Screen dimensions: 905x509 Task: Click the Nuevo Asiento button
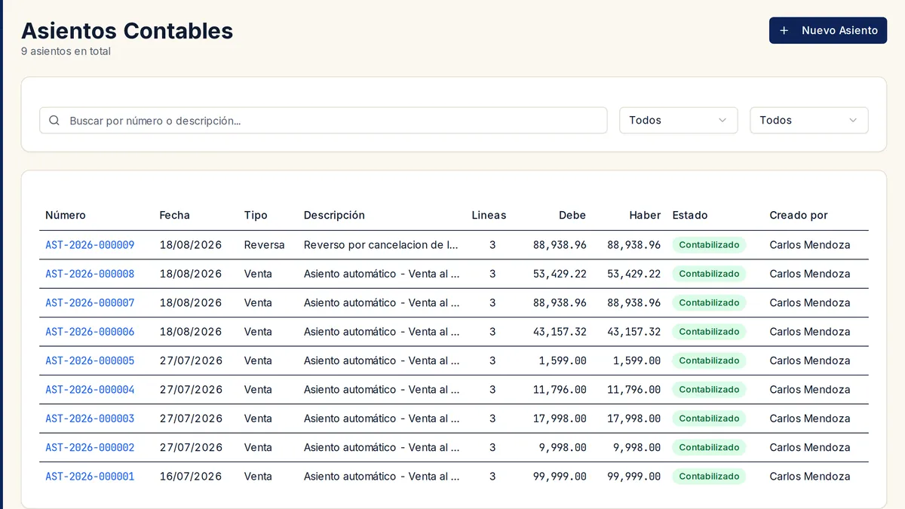[x=828, y=30]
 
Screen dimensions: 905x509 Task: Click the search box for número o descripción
[x=324, y=121]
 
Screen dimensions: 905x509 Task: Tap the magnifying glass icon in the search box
[x=54, y=121]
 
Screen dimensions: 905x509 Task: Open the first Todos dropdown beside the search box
[x=678, y=121]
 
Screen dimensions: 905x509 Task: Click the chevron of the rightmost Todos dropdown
[x=853, y=121]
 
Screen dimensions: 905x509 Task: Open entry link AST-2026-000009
[x=90, y=245]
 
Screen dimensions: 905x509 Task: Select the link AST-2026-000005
[x=90, y=360]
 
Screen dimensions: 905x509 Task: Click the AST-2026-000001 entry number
[x=90, y=477]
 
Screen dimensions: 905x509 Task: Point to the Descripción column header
[x=334, y=215]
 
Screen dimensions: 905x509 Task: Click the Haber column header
[x=645, y=215]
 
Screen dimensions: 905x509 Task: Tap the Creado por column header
[x=799, y=215]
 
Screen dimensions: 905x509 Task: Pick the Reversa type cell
[x=264, y=245]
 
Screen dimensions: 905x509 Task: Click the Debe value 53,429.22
[x=560, y=274]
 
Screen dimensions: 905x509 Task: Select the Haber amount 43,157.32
[x=634, y=332]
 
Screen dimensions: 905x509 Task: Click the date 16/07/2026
[x=191, y=477]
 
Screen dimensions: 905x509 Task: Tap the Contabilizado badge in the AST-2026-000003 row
[x=709, y=419]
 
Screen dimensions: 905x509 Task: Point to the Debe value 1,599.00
[x=563, y=360]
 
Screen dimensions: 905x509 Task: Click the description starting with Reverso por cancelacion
[x=381, y=245]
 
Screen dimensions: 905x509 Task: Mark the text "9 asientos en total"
[x=66, y=51]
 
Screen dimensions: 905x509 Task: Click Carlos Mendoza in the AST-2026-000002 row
[x=810, y=447]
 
